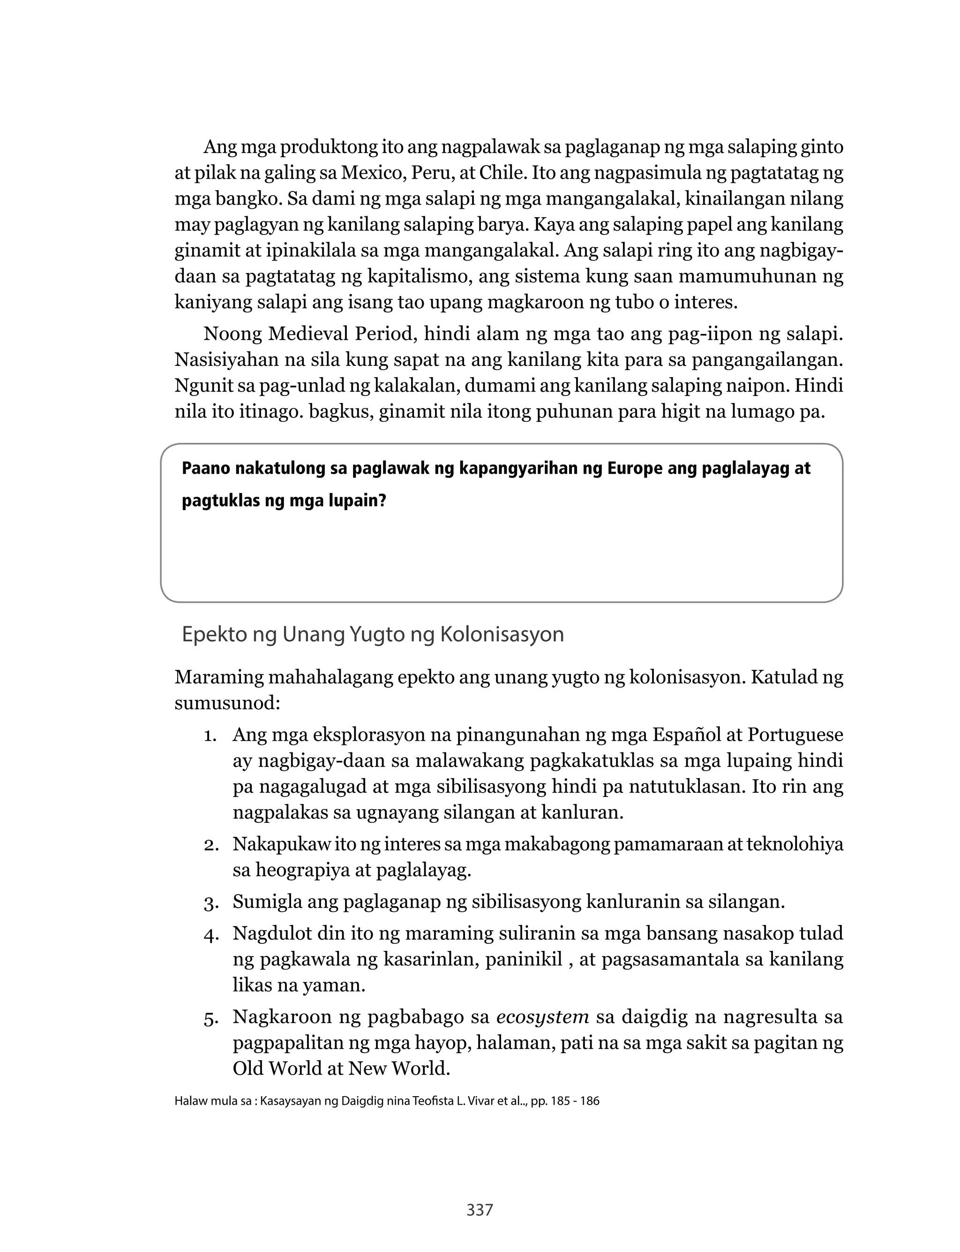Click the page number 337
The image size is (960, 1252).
point(480,1209)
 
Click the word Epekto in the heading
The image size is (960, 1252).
point(214,635)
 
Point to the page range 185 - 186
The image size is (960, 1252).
point(573,1101)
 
